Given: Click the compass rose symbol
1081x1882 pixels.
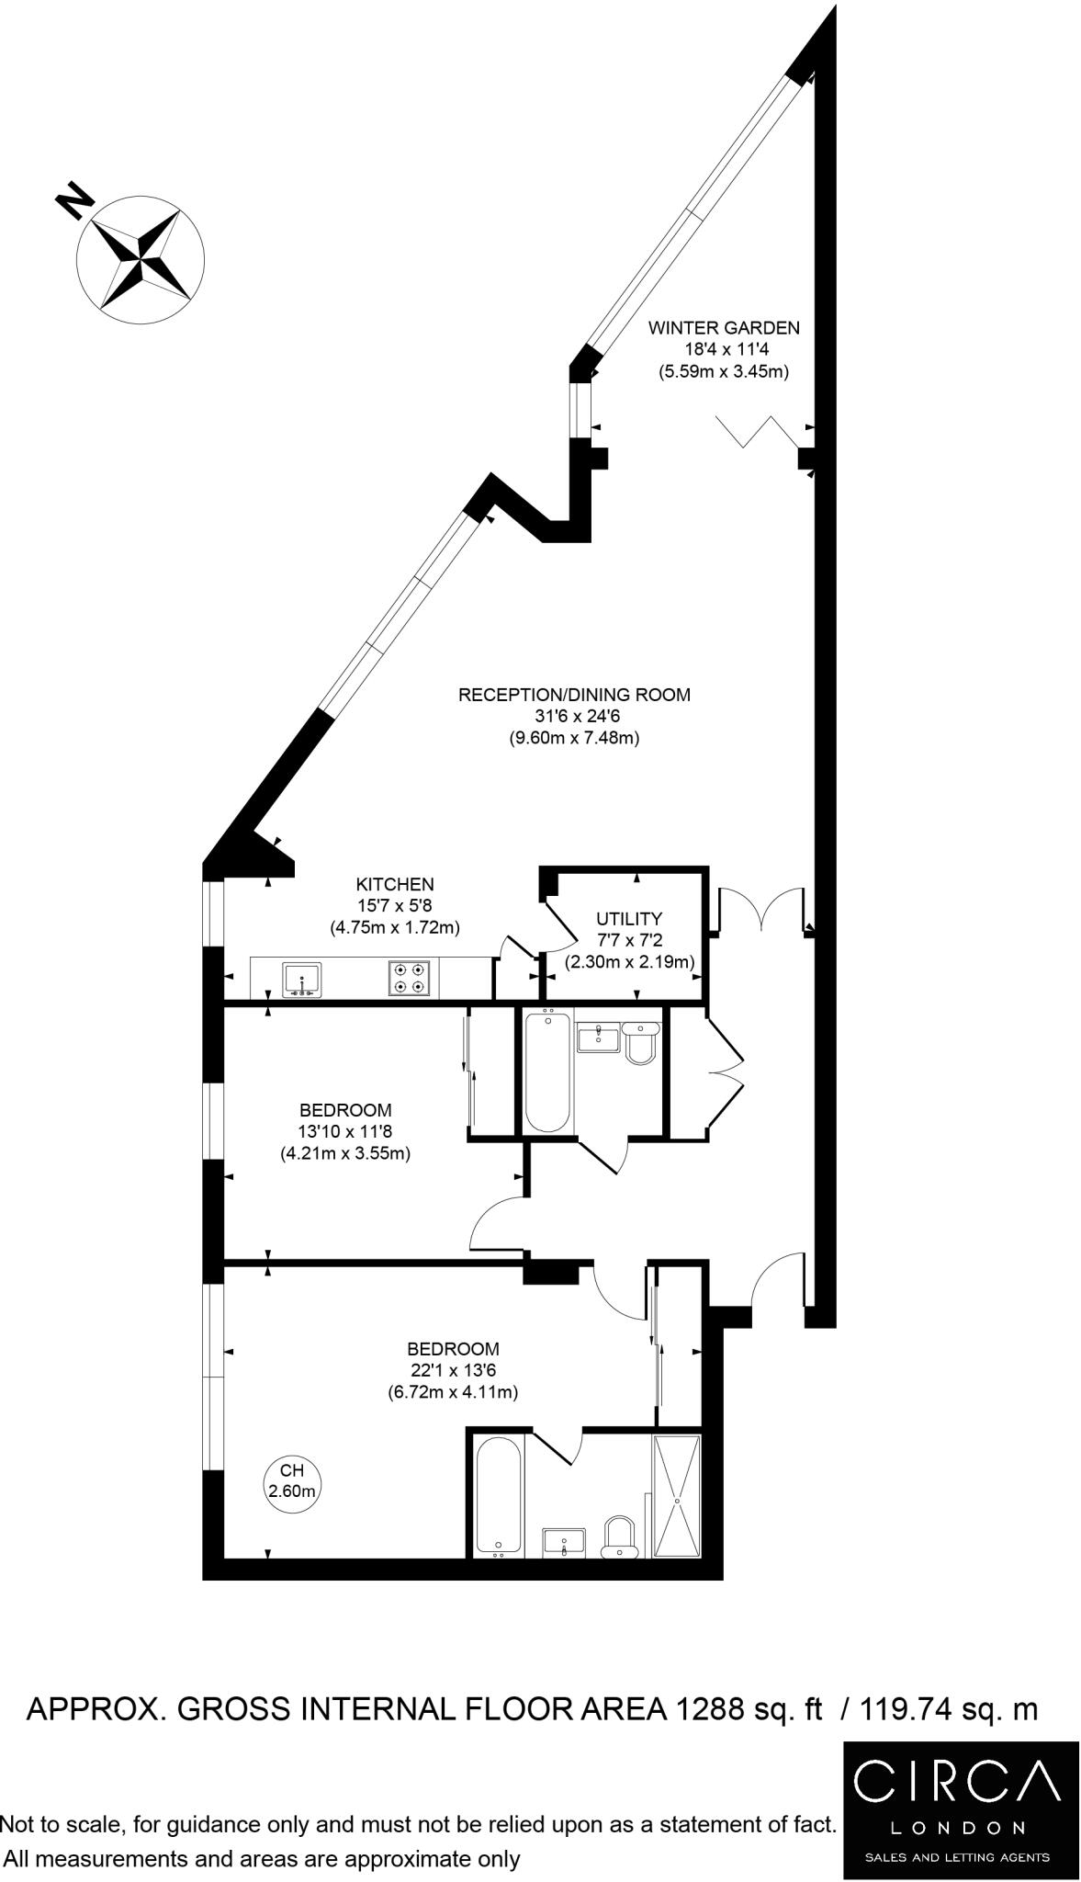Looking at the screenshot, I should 141,258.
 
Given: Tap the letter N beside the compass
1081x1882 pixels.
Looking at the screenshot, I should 74,200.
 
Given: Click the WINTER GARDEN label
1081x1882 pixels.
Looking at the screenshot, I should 724,327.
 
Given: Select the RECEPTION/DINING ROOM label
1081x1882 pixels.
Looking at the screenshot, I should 574,695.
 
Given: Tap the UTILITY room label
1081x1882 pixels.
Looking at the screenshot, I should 628,918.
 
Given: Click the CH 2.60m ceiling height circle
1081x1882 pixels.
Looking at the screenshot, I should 292,1481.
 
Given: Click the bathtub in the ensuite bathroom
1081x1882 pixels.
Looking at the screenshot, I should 499,1498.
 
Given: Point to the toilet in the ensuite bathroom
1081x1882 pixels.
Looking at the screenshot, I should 620,1537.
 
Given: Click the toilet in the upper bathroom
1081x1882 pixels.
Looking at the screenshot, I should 640,1043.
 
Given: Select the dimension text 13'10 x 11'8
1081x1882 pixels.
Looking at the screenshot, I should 344,1131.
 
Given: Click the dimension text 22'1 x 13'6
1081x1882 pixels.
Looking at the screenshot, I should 453,1370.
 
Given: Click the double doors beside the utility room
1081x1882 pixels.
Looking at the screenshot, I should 761,910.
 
